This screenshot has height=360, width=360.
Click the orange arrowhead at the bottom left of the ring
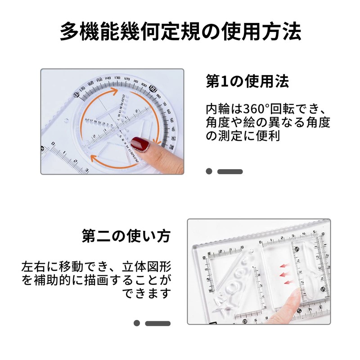(94, 157)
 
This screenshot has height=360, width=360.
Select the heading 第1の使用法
(247, 81)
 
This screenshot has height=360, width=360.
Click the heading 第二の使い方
(126, 236)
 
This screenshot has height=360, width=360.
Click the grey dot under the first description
(209, 171)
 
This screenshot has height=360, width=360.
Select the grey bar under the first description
(230, 171)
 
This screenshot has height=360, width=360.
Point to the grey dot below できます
(137, 323)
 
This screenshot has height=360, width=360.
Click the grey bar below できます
(158, 323)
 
